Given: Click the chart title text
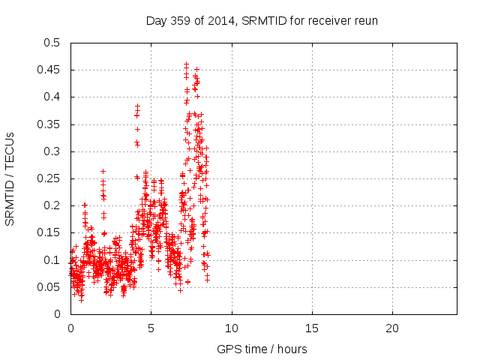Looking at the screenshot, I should (262, 20).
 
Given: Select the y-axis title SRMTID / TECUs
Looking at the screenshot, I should (10, 178).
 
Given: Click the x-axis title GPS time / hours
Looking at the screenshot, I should (262, 349).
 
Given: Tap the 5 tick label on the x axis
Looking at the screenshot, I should (151, 328).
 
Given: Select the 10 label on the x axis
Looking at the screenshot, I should (231, 328).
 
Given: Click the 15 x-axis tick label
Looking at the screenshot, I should (311, 328).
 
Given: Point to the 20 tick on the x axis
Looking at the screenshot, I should (391, 328).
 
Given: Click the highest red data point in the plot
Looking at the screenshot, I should (186, 64).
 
